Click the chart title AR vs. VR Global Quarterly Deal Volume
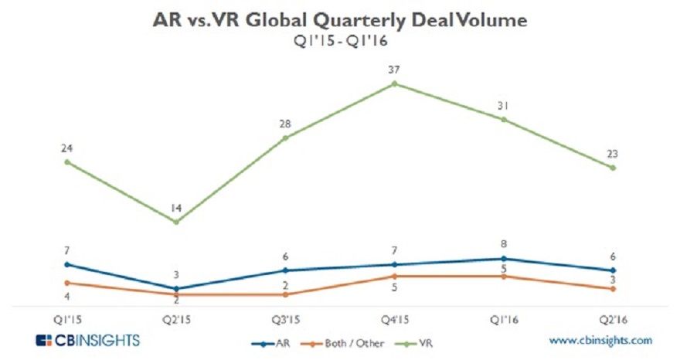tap(340, 21)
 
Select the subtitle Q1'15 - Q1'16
tap(341, 42)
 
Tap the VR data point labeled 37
tap(394, 83)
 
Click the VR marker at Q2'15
tap(176, 222)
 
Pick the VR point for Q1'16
tap(503, 119)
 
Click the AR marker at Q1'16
tap(503, 258)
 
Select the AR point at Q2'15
tap(176, 288)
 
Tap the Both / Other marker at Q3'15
tap(285, 294)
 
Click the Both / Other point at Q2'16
tap(612, 288)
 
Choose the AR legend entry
tap(267, 341)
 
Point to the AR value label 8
tap(503, 245)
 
